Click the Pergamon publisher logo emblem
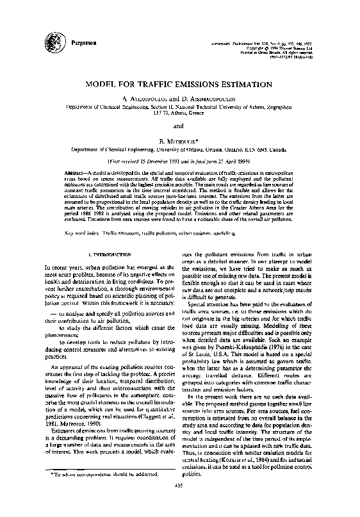pos(46,38)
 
